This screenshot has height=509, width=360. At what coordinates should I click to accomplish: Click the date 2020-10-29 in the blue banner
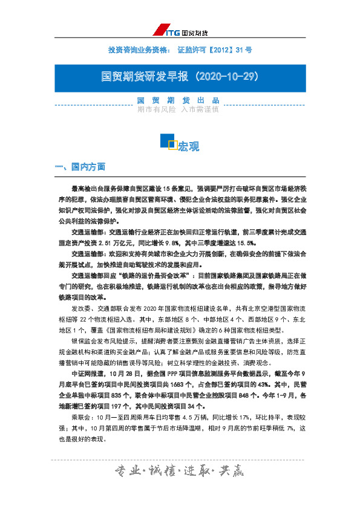click(x=229, y=76)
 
